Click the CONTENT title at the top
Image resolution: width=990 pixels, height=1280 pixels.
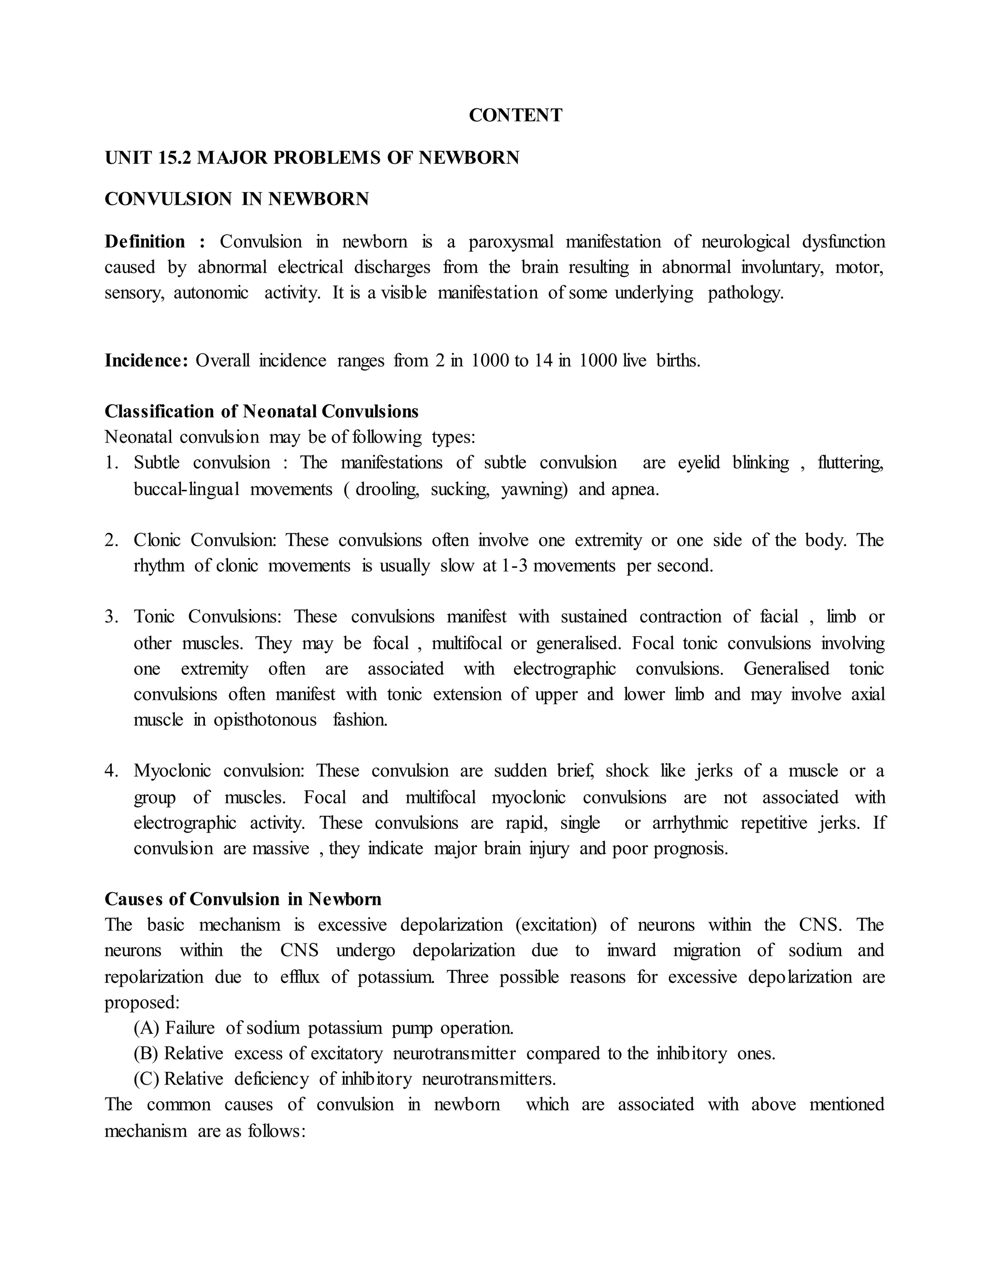[x=515, y=115]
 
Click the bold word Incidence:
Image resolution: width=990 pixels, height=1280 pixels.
[x=146, y=360]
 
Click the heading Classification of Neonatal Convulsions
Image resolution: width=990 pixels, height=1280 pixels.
[x=261, y=412]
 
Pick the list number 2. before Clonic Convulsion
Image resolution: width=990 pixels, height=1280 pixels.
[x=112, y=540]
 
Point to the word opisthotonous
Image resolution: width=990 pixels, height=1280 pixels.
[x=265, y=720]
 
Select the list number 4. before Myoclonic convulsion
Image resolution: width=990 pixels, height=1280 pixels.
[x=112, y=771]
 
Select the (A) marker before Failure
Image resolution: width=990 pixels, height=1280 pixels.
[x=146, y=1028]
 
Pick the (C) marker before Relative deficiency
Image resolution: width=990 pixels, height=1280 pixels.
[x=146, y=1079]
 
